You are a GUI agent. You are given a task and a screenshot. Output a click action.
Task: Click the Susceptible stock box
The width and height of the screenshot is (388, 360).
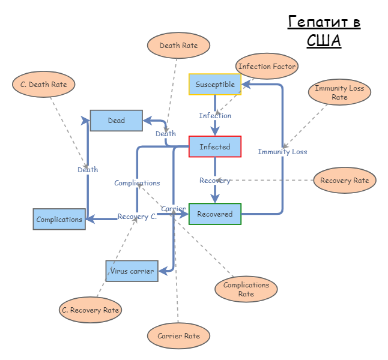tap(215, 85)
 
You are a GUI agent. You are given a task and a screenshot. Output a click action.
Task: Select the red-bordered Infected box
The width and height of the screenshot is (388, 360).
tap(215, 147)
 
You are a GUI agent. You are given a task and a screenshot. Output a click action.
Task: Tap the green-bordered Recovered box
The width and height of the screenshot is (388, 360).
tap(215, 214)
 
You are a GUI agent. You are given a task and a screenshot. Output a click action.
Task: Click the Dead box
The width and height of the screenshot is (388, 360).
tap(117, 121)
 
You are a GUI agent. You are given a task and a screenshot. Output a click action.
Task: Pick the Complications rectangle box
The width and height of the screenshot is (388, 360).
tap(59, 220)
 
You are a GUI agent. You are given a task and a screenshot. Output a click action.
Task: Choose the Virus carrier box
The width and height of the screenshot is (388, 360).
tap(132, 271)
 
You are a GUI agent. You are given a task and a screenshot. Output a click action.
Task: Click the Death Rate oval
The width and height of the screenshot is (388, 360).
tap(178, 46)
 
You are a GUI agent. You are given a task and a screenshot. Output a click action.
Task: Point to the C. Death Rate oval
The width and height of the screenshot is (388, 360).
tap(43, 85)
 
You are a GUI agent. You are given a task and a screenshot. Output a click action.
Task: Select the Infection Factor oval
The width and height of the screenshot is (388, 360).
tap(267, 67)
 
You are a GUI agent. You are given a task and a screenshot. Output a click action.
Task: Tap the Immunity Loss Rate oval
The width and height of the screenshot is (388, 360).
tap(339, 93)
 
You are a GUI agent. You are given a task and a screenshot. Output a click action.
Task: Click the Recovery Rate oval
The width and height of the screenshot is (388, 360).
tap(345, 181)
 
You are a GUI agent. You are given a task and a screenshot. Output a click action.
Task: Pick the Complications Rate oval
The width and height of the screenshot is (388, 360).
tap(246, 290)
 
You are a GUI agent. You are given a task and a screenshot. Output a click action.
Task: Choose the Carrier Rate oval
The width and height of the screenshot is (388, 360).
tap(178, 336)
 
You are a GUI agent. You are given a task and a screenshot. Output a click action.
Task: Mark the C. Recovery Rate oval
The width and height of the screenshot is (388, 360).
tap(90, 310)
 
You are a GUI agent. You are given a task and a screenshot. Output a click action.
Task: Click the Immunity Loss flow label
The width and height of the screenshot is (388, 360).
tap(282, 152)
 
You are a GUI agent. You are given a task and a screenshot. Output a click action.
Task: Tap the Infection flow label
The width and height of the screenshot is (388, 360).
tap(215, 116)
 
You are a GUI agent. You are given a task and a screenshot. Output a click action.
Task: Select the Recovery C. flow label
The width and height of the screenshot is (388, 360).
tap(137, 217)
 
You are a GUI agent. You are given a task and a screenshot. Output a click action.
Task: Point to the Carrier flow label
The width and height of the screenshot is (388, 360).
tap(173, 209)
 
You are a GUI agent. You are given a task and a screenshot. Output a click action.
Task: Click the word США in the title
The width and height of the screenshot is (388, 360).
tap(324, 41)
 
